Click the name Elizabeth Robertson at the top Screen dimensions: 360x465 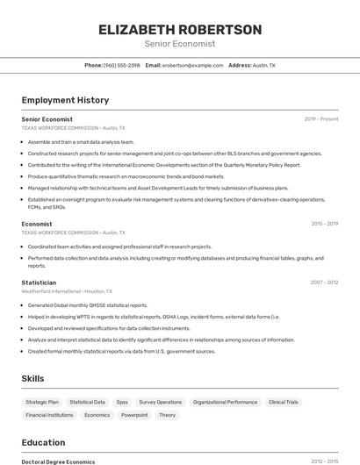click(x=180, y=30)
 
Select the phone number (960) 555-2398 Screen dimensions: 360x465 click(x=121, y=65)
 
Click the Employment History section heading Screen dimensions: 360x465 click(x=65, y=100)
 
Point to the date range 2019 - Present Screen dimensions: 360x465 click(x=321, y=118)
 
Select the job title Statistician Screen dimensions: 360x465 click(x=39, y=283)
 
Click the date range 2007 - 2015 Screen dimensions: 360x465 click(x=324, y=283)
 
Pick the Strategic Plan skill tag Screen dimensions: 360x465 click(x=43, y=402)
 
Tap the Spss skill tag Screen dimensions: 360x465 click(x=122, y=402)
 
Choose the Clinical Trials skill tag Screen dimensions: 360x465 click(x=283, y=402)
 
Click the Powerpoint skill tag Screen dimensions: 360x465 click(x=134, y=415)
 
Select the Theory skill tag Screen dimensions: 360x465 click(x=167, y=415)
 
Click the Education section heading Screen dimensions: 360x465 click(x=43, y=443)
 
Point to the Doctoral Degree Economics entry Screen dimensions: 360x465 click(x=58, y=461)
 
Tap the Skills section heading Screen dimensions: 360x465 click(x=33, y=378)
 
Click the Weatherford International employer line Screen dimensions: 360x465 click(x=67, y=290)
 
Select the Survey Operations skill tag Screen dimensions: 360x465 click(x=161, y=402)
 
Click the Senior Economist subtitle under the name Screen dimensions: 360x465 click(x=180, y=44)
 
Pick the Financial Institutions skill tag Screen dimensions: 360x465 click(x=49, y=415)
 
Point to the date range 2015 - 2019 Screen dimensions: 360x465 click(x=324, y=224)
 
